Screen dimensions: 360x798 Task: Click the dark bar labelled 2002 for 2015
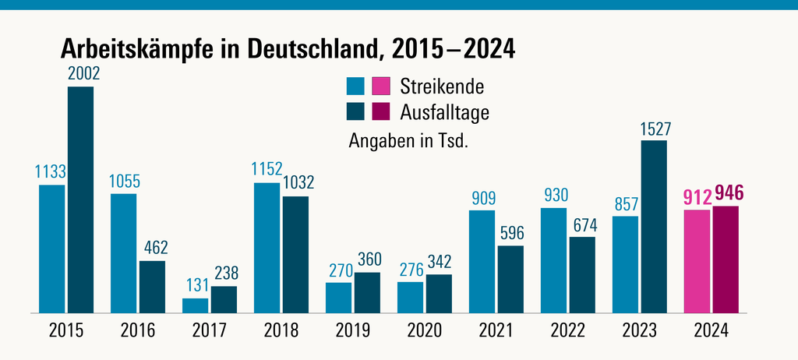tap(80, 199)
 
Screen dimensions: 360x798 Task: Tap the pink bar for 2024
tap(697, 261)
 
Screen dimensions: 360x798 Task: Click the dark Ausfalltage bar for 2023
tap(654, 227)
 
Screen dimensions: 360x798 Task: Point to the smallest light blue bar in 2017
tap(196, 305)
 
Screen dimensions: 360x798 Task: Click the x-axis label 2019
tap(353, 330)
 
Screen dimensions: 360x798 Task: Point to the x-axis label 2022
tap(568, 330)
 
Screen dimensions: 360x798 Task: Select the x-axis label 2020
tap(425, 330)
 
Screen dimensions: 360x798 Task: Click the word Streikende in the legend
tap(441, 85)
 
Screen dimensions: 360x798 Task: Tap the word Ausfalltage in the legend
tap(444, 112)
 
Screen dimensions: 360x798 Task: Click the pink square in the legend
tap(381, 86)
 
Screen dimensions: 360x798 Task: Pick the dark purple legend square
tap(381, 112)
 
